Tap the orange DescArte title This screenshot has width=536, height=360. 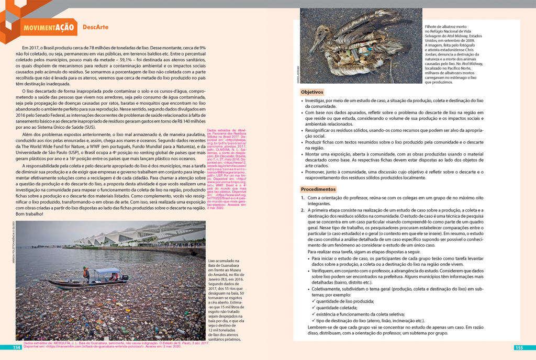click(x=95, y=27)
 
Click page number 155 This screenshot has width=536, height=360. click(x=519, y=347)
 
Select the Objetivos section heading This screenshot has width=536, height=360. click(x=312, y=92)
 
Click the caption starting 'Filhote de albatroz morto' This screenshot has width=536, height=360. click(x=453, y=54)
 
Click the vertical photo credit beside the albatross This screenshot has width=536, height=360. click(x=297, y=78)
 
